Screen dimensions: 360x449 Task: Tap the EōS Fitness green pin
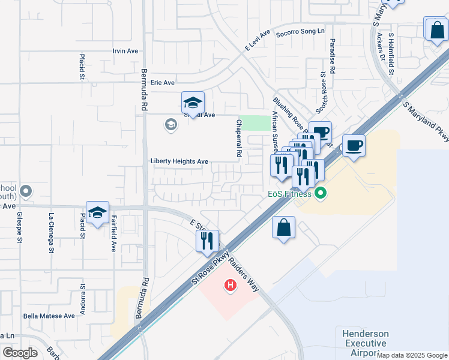tap(321, 194)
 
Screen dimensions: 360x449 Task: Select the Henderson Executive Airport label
tap(365, 343)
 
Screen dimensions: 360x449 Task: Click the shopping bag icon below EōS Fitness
tap(283, 228)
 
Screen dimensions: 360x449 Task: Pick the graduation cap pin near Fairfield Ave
tap(97, 212)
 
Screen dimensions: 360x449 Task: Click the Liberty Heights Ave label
tap(179, 161)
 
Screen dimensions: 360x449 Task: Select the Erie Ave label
tap(162, 83)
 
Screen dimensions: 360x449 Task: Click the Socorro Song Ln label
tap(300, 31)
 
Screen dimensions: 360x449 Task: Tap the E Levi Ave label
tap(258, 40)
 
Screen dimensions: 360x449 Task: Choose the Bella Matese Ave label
tap(49, 316)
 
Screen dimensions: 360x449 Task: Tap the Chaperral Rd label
tap(238, 139)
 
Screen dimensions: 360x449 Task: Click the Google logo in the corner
tap(20, 353)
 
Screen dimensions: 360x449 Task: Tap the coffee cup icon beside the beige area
tap(354, 145)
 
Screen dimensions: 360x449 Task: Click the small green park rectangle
tap(255, 122)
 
